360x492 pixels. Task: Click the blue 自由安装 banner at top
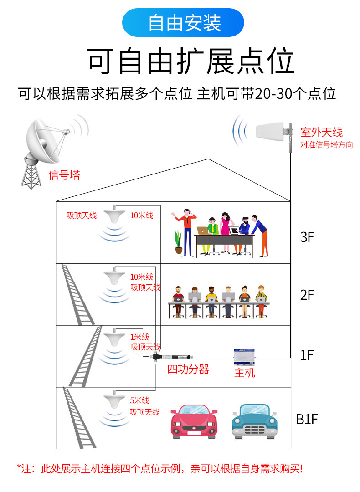[183, 23]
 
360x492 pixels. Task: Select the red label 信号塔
[64, 175]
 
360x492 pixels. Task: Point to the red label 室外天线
[321, 133]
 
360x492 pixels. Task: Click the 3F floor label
[308, 237]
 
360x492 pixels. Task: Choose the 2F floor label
[308, 295]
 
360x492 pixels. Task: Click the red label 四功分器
[188, 369]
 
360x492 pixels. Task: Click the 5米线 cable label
[139, 400]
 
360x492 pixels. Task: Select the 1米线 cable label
[139, 337]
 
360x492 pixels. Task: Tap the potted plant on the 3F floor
[178, 242]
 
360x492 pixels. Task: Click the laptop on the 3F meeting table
[202, 230]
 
